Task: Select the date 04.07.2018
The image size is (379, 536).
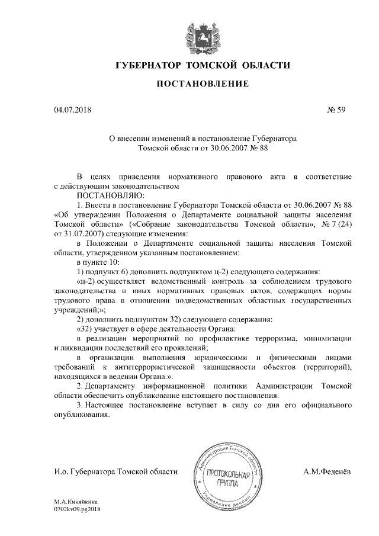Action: click(x=69, y=110)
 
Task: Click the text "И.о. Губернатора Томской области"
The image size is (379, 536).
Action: click(x=115, y=471)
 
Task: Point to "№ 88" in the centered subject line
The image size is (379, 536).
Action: click(x=259, y=149)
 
